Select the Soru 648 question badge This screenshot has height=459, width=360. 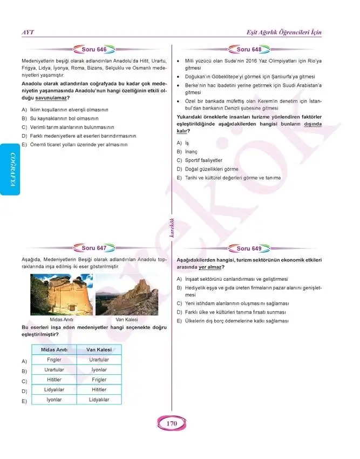point(249,50)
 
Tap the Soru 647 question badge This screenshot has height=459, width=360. point(93,248)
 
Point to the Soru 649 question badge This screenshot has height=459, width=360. point(249,248)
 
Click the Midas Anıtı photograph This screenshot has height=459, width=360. point(61,294)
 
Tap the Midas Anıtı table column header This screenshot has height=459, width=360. point(54,350)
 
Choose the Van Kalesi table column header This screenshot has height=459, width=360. point(99,350)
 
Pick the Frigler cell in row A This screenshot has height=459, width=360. point(54,360)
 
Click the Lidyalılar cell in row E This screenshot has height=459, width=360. point(99,400)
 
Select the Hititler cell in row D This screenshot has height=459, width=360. point(99,389)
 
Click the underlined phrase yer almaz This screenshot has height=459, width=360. point(210,267)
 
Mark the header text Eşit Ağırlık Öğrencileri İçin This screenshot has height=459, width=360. point(283,32)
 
